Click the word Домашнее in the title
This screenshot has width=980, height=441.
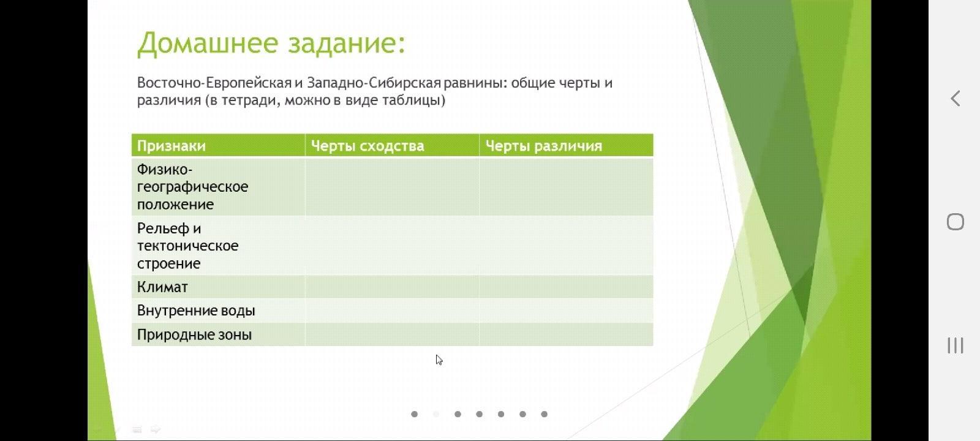208,43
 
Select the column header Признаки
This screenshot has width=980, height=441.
171,146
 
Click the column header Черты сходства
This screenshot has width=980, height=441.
367,146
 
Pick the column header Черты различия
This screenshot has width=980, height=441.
543,146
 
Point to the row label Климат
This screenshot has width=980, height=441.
162,287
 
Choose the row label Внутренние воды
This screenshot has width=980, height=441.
196,311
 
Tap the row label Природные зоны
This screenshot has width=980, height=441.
194,334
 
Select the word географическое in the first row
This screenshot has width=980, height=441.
192,187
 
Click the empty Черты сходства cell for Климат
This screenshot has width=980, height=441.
392,287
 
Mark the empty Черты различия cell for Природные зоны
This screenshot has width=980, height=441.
567,334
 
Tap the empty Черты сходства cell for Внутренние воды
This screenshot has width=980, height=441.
392,311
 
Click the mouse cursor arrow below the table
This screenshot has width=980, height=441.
439,360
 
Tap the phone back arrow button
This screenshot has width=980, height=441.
955,99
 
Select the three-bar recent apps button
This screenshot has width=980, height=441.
956,345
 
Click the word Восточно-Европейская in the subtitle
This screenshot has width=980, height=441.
214,83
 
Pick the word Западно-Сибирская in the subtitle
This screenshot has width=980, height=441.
374,83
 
